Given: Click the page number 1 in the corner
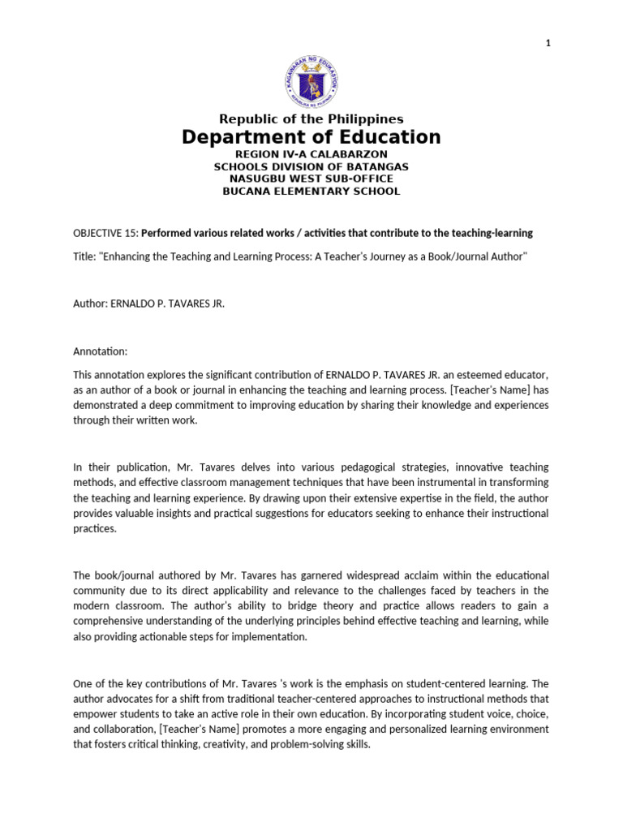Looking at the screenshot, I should pyautogui.click(x=549, y=44).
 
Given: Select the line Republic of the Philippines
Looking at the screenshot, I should pyautogui.click(x=311, y=119).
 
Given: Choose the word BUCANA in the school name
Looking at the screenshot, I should pyautogui.click(x=248, y=191).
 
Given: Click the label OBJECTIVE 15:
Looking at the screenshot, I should pyautogui.click(x=105, y=233).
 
